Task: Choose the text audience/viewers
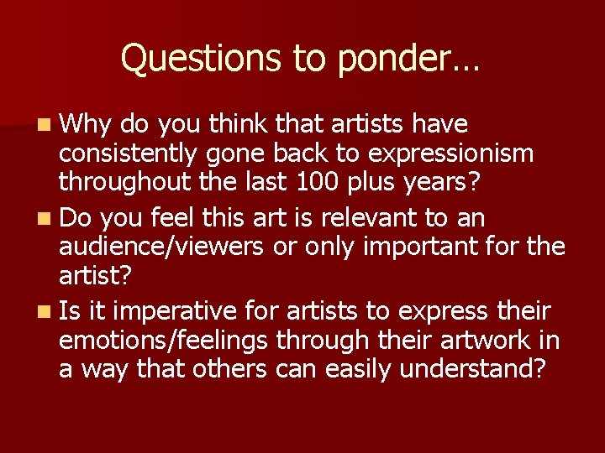(x=154, y=247)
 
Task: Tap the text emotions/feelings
(x=165, y=341)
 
